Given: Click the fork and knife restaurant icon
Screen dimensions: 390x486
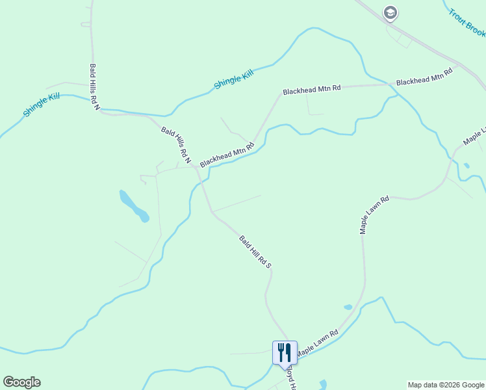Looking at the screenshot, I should click(x=285, y=352).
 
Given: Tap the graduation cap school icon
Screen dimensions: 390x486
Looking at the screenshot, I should click(x=390, y=12).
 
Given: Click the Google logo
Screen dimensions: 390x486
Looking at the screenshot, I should click(x=21, y=382).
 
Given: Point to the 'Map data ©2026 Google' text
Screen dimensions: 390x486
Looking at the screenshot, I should click(x=446, y=385).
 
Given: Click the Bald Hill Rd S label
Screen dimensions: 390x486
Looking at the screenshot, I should click(x=255, y=252).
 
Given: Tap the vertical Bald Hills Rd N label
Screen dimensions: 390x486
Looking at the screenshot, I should click(x=95, y=86).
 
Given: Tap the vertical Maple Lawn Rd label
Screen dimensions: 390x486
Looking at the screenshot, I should click(x=374, y=214).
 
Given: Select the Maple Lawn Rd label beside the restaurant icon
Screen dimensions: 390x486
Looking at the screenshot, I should click(x=317, y=343).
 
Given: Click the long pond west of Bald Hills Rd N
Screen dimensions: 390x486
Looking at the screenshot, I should click(x=134, y=205).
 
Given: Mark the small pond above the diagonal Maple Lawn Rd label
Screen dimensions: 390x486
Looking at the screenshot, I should click(x=348, y=307).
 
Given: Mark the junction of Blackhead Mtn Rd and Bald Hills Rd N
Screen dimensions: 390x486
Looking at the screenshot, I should click(x=197, y=167).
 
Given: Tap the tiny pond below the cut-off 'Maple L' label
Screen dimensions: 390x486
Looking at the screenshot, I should click(x=467, y=166).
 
